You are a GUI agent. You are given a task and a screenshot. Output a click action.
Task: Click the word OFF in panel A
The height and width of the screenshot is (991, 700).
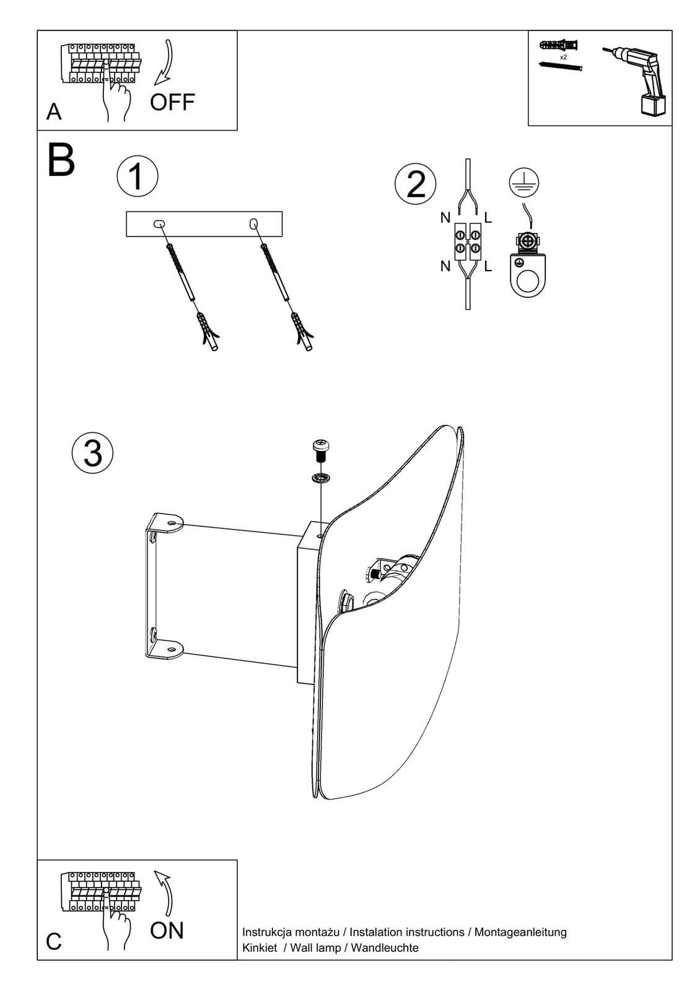click(x=172, y=102)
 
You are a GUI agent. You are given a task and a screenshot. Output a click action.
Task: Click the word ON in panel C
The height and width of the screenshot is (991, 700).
click(x=167, y=930)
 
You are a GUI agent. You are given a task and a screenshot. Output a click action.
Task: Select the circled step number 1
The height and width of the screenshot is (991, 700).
click(x=137, y=175)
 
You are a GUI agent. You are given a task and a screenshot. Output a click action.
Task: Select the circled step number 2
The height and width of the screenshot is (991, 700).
click(x=416, y=184)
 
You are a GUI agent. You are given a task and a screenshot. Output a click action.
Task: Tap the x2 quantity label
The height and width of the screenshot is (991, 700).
click(x=563, y=56)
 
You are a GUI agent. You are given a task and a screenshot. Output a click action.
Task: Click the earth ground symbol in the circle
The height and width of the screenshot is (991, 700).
click(x=523, y=181)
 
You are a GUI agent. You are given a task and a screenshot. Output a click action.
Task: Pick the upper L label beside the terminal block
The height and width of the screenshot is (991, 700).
click(x=488, y=217)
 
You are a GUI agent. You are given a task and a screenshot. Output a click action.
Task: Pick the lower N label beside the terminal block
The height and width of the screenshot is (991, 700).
click(x=445, y=266)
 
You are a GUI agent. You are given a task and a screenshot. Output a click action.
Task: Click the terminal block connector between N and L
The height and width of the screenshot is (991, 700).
click(x=467, y=241)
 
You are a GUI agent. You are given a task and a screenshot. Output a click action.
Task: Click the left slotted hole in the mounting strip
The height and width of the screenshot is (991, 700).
click(x=159, y=223)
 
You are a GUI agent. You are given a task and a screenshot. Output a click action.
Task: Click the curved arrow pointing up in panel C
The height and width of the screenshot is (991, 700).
click(x=165, y=892)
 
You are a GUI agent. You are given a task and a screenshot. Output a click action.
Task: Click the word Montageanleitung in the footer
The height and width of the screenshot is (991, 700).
click(x=520, y=932)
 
